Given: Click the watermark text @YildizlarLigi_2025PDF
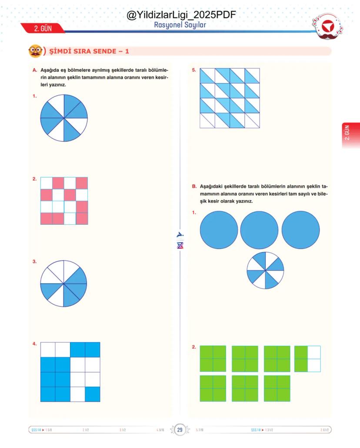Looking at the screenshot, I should [181, 15].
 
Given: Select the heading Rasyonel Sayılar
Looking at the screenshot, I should [180, 25].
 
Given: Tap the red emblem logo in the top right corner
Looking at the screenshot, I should [327, 28].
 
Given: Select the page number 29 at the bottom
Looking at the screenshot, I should [180, 430].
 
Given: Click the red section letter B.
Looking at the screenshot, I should [194, 186].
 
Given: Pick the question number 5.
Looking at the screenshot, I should [194, 70].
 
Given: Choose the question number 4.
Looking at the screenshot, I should [34, 344].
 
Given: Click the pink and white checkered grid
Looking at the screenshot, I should [64, 201].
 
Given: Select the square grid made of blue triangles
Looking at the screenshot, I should [230, 98].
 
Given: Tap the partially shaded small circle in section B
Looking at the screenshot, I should [265, 270].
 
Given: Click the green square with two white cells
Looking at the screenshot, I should [307, 359].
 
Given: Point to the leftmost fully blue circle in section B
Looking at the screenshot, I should [219, 230].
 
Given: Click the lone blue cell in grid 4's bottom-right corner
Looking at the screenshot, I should [93, 394].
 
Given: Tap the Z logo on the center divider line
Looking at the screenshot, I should [180, 246].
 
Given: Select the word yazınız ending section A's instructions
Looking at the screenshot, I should [56, 85].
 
